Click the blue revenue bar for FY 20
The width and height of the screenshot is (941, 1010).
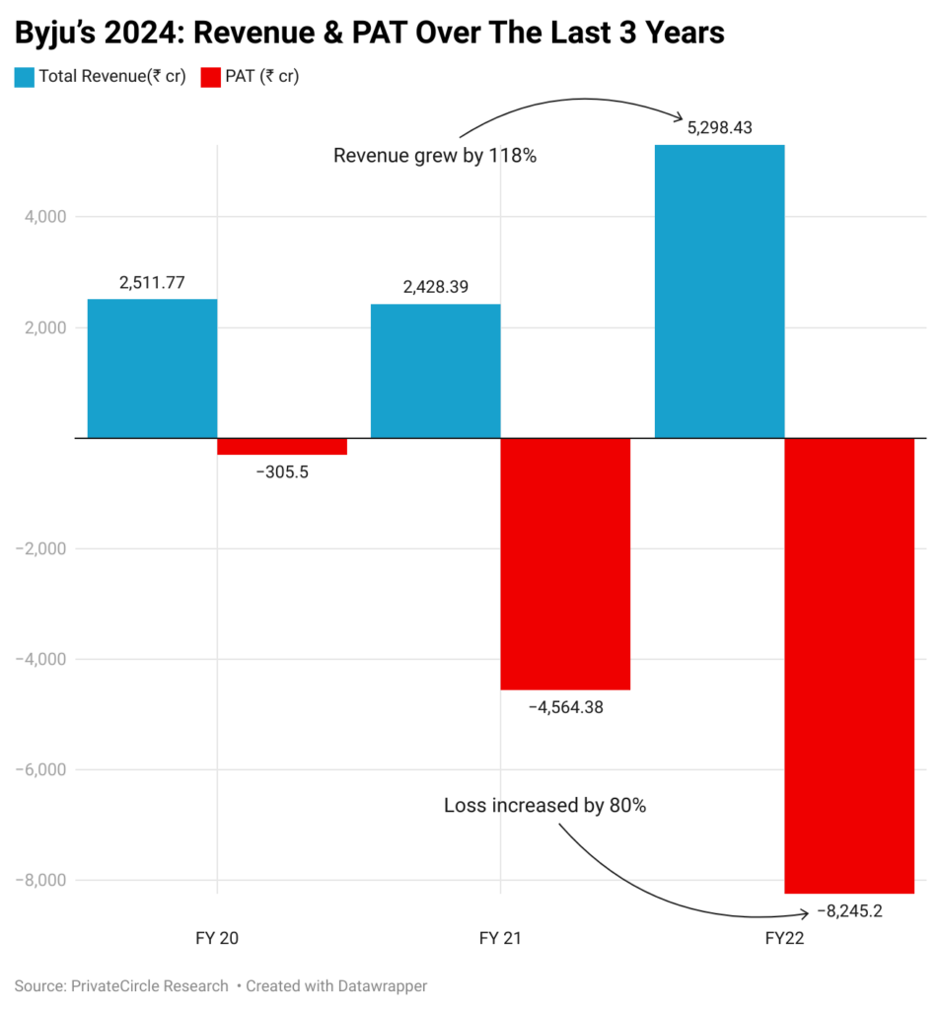point(152,368)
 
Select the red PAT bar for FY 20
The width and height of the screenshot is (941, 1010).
point(282,446)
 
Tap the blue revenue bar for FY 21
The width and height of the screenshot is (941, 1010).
point(435,371)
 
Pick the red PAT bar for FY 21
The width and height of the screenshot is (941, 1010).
point(565,563)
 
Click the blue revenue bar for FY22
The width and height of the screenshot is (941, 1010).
point(719,291)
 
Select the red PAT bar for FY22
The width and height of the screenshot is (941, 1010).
point(849,665)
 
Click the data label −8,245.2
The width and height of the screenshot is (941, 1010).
point(849,910)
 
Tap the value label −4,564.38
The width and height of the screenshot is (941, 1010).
point(565,706)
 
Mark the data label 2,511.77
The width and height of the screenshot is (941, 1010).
point(152,283)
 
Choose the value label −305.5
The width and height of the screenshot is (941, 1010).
point(282,471)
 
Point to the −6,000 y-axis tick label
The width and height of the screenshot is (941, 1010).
point(37,769)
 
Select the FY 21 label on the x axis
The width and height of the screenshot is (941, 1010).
point(500,939)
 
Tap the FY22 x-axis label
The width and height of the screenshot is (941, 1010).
point(784,939)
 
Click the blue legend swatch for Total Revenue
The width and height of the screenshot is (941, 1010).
point(24,76)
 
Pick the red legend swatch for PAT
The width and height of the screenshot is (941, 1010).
point(209,76)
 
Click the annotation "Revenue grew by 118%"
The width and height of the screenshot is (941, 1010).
point(435,156)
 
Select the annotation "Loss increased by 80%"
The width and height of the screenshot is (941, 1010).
point(544,806)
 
